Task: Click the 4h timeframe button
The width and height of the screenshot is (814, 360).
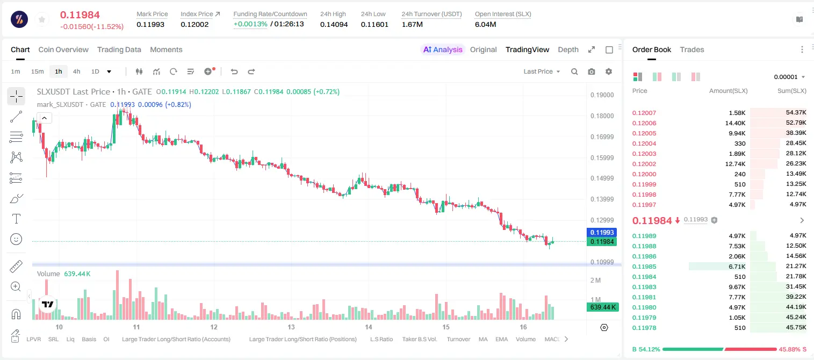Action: point(76,71)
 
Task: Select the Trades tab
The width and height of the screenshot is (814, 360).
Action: point(692,49)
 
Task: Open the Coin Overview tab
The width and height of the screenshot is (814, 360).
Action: point(63,49)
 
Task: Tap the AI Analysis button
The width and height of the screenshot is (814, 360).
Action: point(443,49)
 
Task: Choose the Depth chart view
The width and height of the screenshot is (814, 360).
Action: point(568,49)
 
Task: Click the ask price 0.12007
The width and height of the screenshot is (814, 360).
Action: point(644,113)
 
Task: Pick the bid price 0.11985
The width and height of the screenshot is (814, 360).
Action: point(644,267)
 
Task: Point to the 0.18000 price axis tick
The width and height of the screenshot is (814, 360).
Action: point(602,116)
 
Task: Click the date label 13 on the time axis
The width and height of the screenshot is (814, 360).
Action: point(291,327)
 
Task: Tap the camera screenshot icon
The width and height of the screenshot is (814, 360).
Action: point(592,71)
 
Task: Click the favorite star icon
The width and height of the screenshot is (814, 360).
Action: point(42,19)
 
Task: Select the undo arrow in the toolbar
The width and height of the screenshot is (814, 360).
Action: point(234,71)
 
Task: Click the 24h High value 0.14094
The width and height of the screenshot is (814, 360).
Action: point(334,24)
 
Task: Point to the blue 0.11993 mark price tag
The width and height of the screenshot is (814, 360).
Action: point(602,233)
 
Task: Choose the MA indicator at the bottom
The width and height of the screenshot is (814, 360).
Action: point(483,339)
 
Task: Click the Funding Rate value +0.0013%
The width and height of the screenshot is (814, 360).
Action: point(250,24)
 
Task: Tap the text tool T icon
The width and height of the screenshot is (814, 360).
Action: point(16,219)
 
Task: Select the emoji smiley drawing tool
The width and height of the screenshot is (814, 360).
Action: point(16,239)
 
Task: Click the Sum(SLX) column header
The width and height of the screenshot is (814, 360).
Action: point(792,91)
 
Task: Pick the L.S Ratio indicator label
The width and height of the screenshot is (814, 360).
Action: point(381,339)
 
